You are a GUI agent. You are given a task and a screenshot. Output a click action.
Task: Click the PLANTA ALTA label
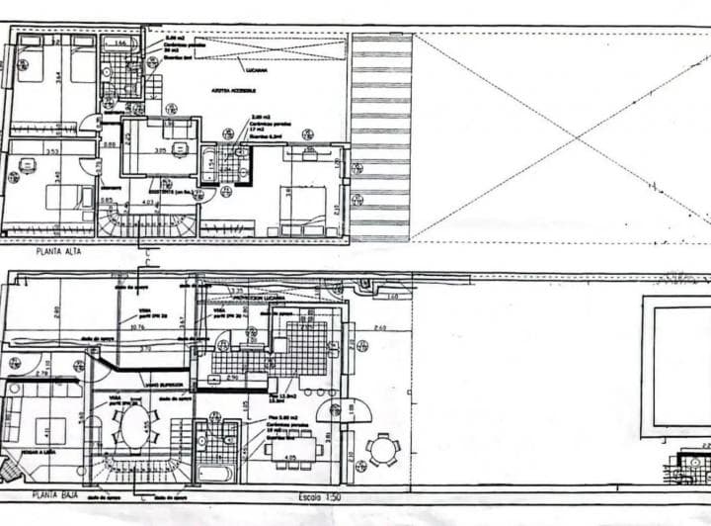pyautogui.click(x=57, y=251)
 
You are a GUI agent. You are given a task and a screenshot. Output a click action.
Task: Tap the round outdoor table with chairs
pyautogui.click(x=383, y=450)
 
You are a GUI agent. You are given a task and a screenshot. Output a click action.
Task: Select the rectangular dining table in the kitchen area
pyautogui.click(x=291, y=447)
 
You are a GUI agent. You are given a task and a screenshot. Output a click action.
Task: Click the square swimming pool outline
pyautogui.click(x=676, y=366)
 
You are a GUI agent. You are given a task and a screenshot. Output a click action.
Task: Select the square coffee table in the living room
pyautogui.click(x=50, y=431)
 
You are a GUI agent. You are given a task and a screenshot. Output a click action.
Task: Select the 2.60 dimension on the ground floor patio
pyautogui.click(x=381, y=327)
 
